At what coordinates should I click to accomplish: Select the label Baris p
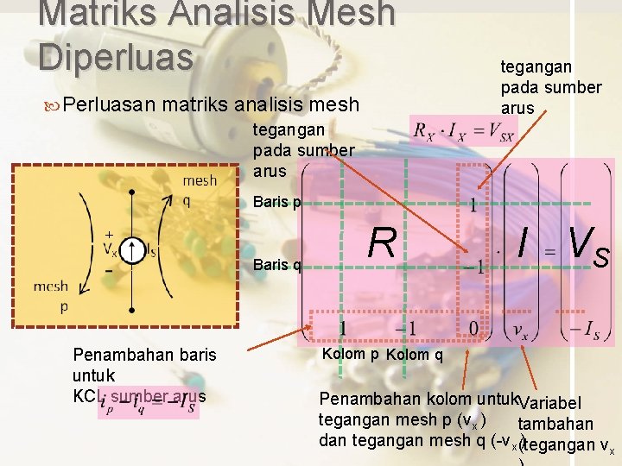coord(277,204)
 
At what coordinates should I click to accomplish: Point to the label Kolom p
coord(350,355)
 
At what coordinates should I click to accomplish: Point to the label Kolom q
coord(416,356)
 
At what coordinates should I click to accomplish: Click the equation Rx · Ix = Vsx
coord(464,132)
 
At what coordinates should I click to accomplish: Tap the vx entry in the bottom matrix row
coord(521,329)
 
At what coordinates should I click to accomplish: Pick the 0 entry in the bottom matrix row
coord(472,329)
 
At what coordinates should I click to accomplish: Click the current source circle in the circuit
coord(131,251)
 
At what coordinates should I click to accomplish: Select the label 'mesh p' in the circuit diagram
coord(51,295)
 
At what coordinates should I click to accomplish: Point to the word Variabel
coord(552,404)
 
